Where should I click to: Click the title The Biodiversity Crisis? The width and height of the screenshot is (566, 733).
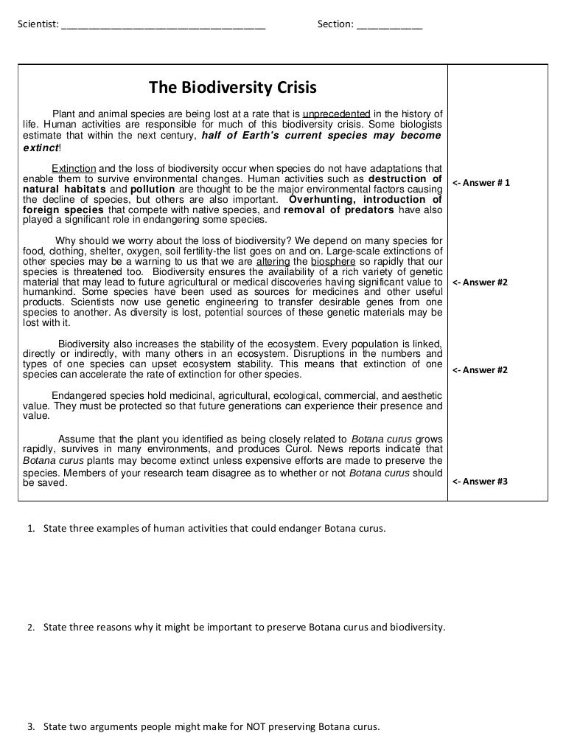(233, 88)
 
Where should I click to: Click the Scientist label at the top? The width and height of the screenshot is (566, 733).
(38, 25)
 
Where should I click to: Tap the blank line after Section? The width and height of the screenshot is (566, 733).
(389, 27)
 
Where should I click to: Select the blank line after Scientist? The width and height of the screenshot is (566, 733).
(164, 27)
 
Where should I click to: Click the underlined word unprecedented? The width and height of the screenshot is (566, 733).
(336, 114)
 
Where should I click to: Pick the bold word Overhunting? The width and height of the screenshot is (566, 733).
(321, 199)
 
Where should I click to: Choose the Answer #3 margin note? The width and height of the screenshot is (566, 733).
(480, 482)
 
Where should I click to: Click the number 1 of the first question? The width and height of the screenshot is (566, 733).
(31, 529)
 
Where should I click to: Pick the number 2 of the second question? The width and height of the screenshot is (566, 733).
(31, 628)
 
